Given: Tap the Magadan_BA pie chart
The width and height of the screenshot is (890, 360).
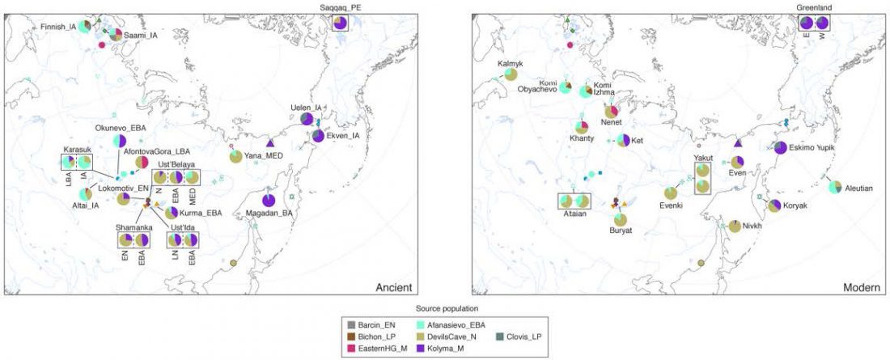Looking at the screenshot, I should tap(269, 200).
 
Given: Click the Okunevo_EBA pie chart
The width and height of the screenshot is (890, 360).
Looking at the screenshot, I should tap(120, 142).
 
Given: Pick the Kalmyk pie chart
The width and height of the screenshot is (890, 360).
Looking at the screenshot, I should tap(511, 74).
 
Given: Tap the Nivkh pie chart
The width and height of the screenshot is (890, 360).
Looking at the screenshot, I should tap(735, 226).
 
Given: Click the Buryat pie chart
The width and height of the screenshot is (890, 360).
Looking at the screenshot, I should tap(621, 218).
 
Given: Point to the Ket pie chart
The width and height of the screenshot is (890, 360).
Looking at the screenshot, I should tap(622, 141).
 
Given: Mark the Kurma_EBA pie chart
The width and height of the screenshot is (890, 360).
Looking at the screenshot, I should tap(172, 212).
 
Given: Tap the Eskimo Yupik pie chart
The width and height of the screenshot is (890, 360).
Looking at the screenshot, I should tap(779, 148).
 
